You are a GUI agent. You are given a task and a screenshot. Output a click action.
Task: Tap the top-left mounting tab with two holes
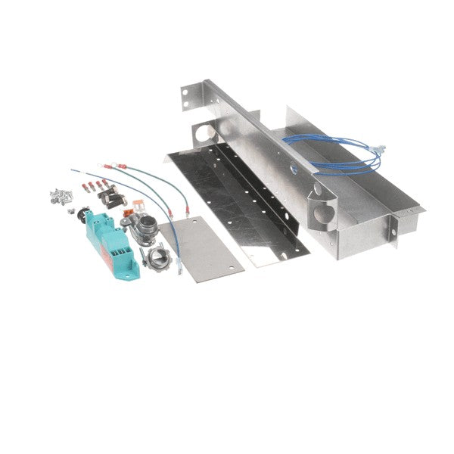[x=185, y=95]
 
